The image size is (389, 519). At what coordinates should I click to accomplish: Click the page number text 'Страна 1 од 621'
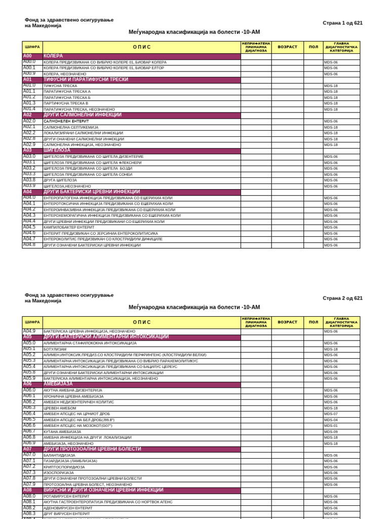342,23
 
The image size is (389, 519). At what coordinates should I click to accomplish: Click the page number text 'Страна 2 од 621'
342,298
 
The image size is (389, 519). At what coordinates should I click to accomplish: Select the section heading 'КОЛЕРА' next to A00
53,56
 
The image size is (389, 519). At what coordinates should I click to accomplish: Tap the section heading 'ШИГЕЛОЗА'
57,151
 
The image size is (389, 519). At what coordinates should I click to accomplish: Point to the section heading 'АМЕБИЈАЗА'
58,384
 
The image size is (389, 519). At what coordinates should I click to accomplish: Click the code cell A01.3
29,103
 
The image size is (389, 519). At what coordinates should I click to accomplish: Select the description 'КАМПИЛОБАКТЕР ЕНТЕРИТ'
69,228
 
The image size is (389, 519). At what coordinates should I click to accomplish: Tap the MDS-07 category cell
331,414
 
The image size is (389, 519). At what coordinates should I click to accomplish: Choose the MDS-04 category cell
331,420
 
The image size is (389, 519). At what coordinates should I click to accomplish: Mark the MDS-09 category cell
331,432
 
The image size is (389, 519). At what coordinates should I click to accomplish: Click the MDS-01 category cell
331,426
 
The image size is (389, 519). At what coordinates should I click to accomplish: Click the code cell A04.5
29,227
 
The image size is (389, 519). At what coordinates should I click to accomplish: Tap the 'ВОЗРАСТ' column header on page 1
287,47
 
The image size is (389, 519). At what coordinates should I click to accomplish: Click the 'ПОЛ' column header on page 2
314,322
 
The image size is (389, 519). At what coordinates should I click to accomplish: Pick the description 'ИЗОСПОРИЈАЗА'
59,473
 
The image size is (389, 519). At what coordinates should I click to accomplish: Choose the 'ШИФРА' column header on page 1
32,47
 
